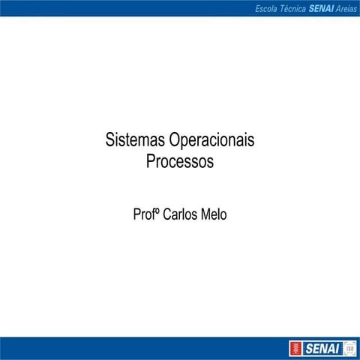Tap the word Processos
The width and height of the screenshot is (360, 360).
coord(180,162)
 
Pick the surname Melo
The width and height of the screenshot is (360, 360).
coord(214,214)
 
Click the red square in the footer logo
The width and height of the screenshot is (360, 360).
coord(297,349)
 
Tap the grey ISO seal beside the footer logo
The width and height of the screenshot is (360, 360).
coord(349,349)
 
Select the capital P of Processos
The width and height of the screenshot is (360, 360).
coord(151,162)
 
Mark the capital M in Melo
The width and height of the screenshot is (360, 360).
coord(205,214)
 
